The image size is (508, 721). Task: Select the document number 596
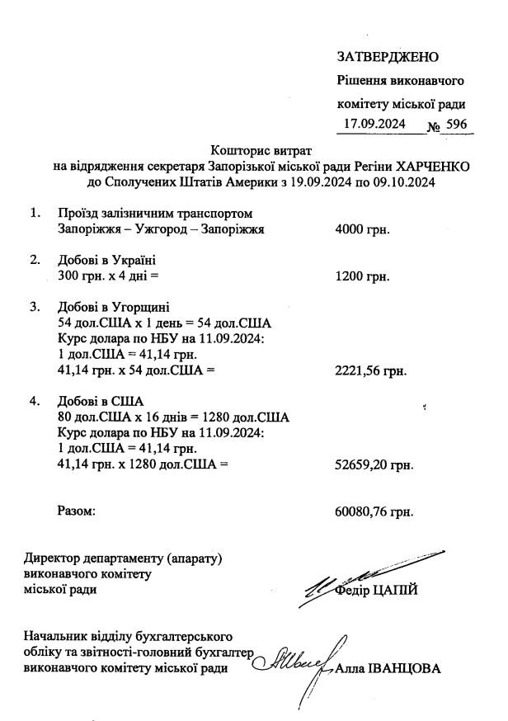pos(455,125)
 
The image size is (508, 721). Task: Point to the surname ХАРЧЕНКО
pos(429,166)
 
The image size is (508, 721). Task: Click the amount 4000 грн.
pos(363,229)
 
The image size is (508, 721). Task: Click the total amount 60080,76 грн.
pos(374,512)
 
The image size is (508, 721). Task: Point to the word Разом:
pos(76,512)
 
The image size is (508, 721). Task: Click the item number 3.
pos(35,307)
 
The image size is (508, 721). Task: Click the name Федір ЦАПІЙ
pos(383,590)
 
